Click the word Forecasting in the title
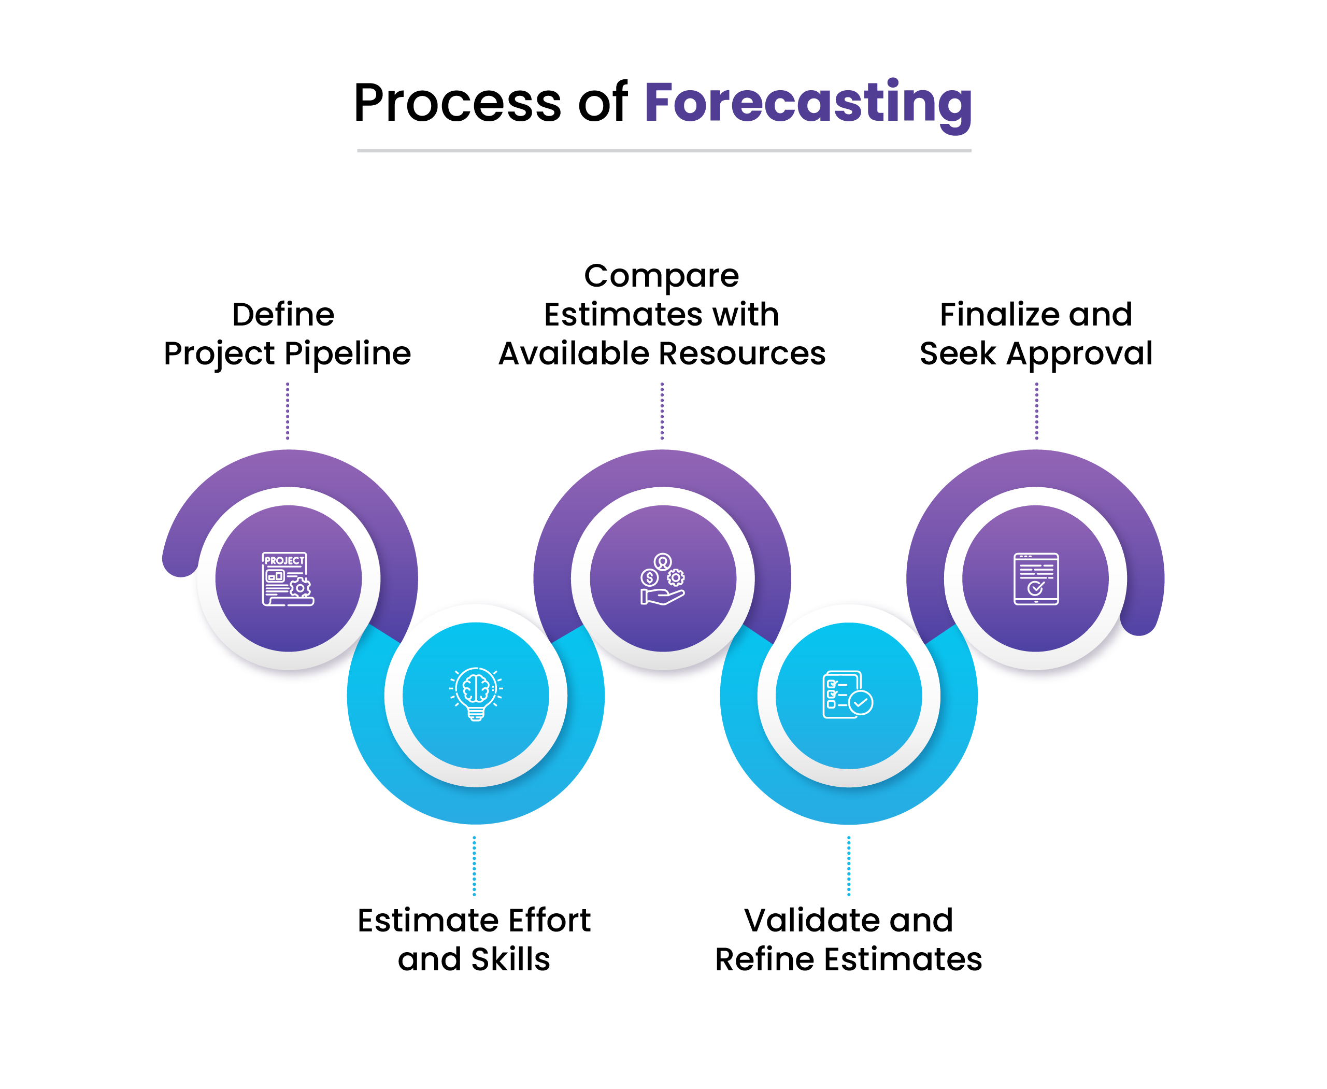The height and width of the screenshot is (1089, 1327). pyautogui.click(x=808, y=104)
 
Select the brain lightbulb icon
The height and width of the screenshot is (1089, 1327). pyautogui.click(x=475, y=695)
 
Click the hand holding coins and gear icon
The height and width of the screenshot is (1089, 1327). pyautogui.click(x=662, y=578)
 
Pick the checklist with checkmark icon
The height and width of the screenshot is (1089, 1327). pyautogui.click(x=848, y=695)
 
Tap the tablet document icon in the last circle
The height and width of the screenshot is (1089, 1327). pyautogui.click(x=1035, y=578)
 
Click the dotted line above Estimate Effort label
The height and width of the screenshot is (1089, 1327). pyautogui.click(x=474, y=866)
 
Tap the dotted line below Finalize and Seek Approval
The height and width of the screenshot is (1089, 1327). pyautogui.click(x=1036, y=411)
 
